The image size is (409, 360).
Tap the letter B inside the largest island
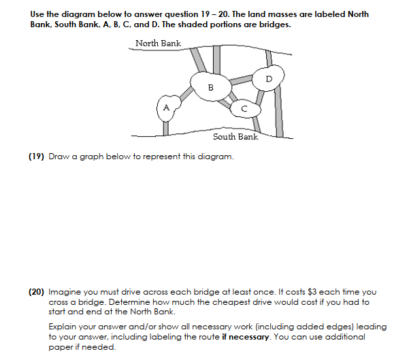click(210, 87)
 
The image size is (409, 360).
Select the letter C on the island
click(244, 108)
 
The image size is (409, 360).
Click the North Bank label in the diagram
click(158, 44)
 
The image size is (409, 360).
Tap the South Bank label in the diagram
click(235, 137)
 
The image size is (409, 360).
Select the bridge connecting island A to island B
click(185, 95)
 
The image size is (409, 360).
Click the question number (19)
click(37, 157)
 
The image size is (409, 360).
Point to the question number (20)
click(37, 291)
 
